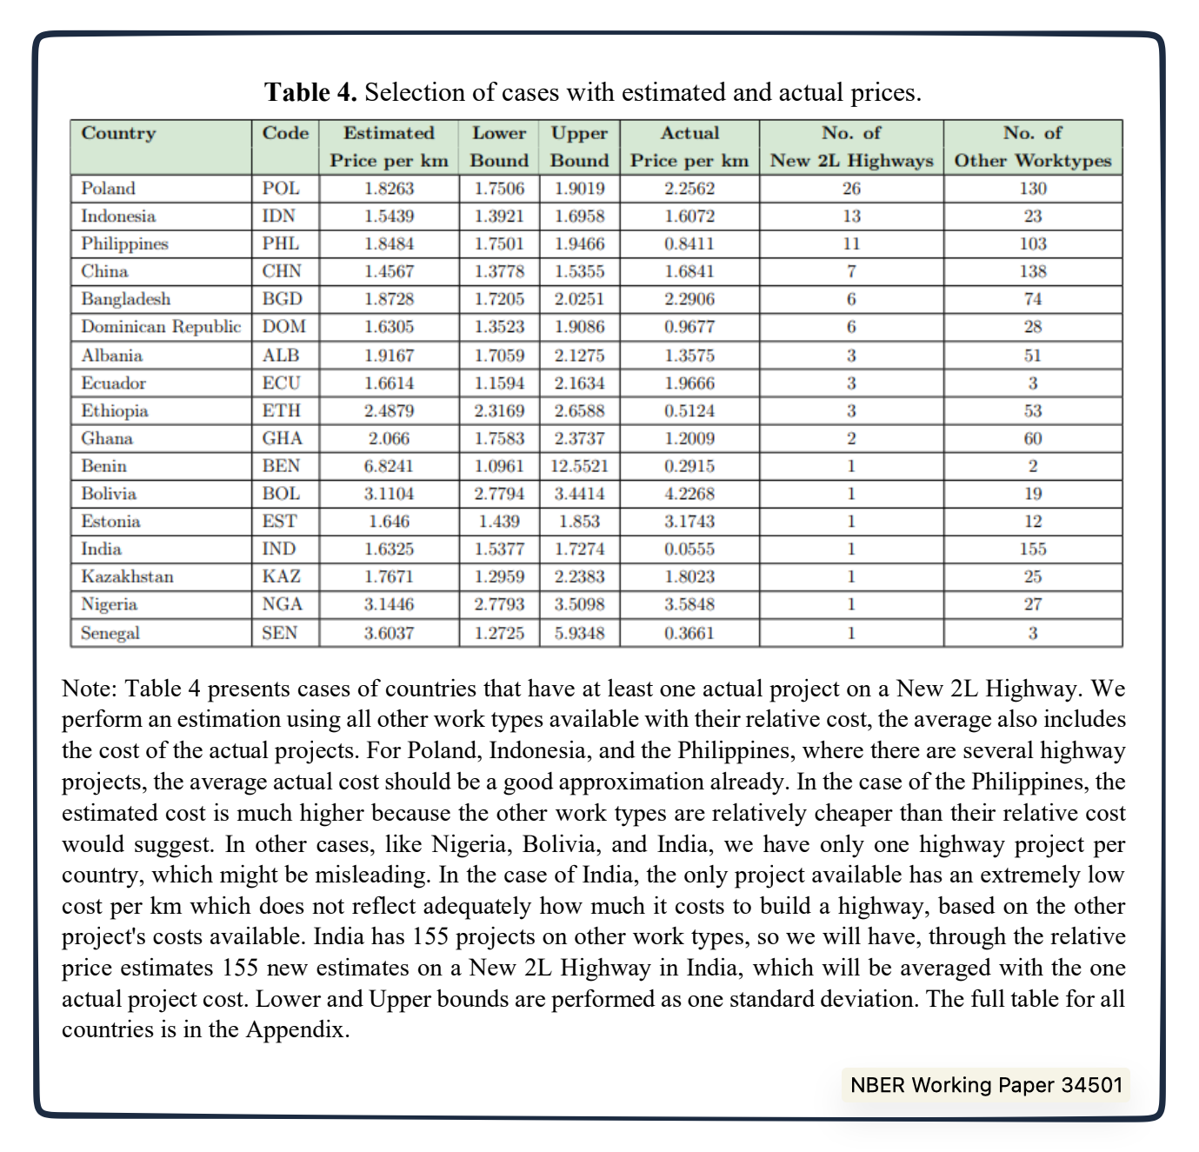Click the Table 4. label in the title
(x=310, y=92)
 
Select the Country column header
(x=118, y=133)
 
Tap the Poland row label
(x=108, y=189)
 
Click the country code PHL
(x=282, y=244)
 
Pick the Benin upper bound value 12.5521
(x=579, y=466)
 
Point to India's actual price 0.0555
(x=689, y=549)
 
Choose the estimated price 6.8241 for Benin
(x=389, y=466)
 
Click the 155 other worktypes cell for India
(x=1032, y=549)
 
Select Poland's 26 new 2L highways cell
(x=851, y=189)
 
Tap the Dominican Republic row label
(x=161, y=327)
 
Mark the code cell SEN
(x=280, y=633)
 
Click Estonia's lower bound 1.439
(x=499, y=522)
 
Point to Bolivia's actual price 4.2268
(x=689, y=494)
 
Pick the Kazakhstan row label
(x=127, y=577)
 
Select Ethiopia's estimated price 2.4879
(x=389, y=411)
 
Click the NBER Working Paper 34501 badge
(x=986, y=1085)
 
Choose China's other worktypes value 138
(x=1032, y=272)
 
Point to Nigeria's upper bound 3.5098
(x=579, y=605)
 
